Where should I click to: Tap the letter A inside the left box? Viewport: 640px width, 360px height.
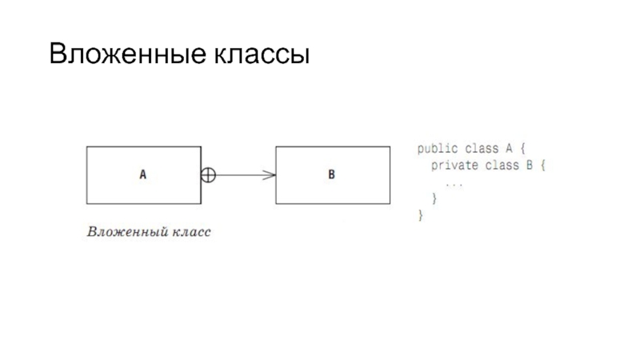143,174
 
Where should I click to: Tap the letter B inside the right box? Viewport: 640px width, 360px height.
331,174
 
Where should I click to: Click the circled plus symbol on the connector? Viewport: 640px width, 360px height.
208,174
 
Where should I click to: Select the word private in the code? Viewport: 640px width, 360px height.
453,166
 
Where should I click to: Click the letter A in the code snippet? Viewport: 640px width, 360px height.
507,149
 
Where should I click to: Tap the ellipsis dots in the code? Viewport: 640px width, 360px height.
454,183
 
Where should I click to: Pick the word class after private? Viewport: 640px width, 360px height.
500,166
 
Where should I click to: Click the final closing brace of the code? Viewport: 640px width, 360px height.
419,216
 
